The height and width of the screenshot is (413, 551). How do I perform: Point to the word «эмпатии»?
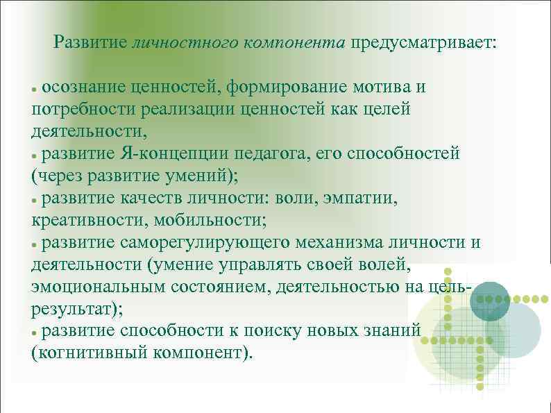(x=363, y=198)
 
